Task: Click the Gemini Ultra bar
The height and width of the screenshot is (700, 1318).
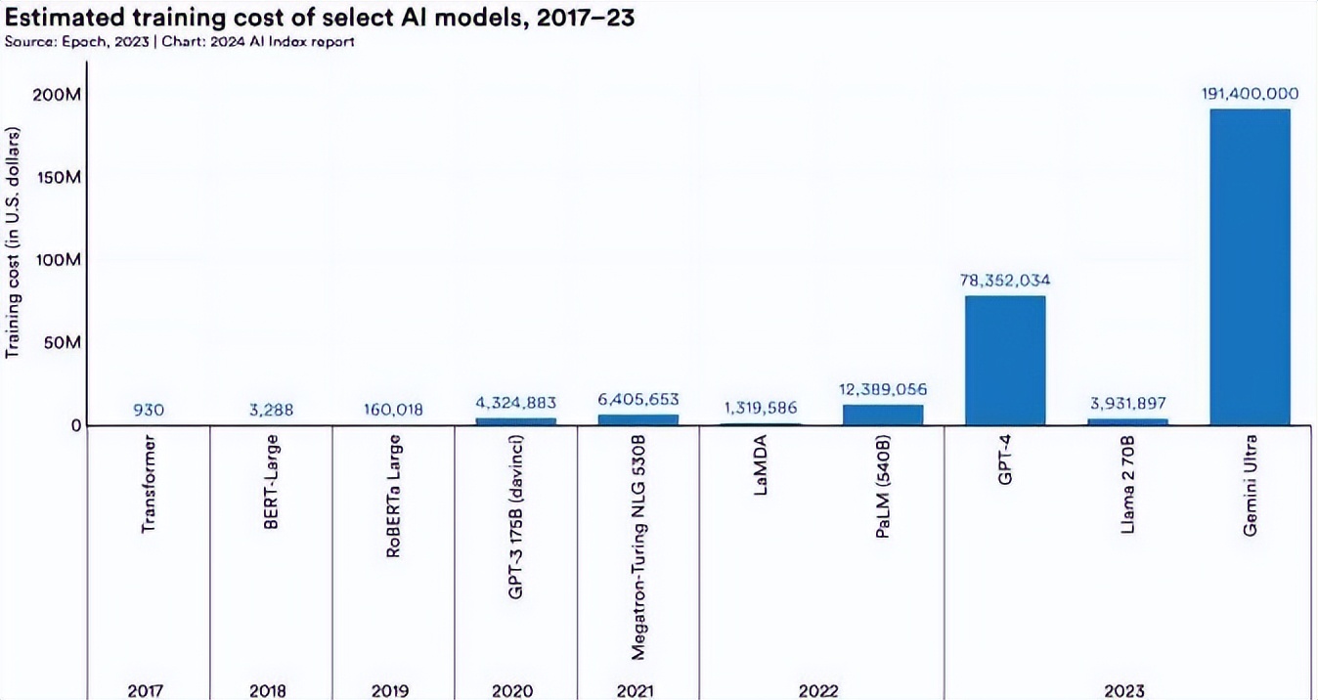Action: [x=1250, y=266]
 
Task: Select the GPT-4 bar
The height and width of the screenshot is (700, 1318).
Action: [x=1004, y=360]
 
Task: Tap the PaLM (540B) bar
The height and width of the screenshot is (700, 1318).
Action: [x=882, y=415]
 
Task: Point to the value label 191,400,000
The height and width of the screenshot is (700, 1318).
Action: [x=1250, y=94]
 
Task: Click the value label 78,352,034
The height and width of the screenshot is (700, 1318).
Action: [x=1005, y=281]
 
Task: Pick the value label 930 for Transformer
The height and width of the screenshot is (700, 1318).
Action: [x=149, y=410]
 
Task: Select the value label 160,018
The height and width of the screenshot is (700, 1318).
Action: [x=393, y=410]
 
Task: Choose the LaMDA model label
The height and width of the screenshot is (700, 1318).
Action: [x=761, y=471]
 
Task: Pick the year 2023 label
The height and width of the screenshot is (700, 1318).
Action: [x=1124, y=690]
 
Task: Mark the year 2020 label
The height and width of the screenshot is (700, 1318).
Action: [x=513, y=690]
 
